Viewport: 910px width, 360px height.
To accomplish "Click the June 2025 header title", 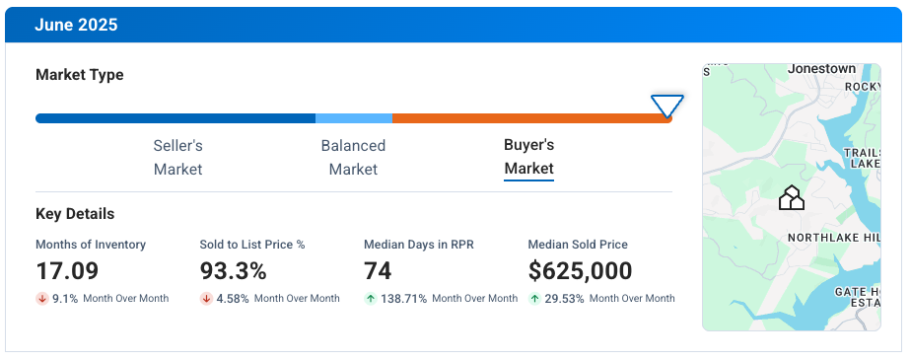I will (76, 25).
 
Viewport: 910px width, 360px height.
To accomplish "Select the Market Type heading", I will (80, 75).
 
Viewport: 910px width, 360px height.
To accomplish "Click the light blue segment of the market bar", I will (353, 118).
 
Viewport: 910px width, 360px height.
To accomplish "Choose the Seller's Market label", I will (177, 157).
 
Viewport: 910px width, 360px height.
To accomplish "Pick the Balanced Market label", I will (353, 157).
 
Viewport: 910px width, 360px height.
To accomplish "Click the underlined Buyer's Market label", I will (528, 157).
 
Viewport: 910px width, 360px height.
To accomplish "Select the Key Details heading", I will (75, 214).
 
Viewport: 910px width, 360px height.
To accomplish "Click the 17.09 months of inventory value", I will (68, 270).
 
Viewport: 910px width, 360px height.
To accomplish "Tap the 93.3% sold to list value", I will (233, 270).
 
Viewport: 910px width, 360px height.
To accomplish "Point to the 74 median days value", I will (378, 270).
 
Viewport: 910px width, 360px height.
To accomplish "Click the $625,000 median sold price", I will (580, 270).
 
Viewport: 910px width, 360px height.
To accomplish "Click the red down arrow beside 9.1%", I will (42, 299).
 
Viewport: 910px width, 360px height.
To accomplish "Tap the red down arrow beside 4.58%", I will (206, 299).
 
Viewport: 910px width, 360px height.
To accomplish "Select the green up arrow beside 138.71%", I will (370, 299).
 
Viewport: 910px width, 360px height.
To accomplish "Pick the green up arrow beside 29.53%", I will (534, 299).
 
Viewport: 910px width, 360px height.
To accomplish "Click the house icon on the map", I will (791, 198).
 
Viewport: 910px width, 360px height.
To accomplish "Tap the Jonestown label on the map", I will (821, 70).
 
